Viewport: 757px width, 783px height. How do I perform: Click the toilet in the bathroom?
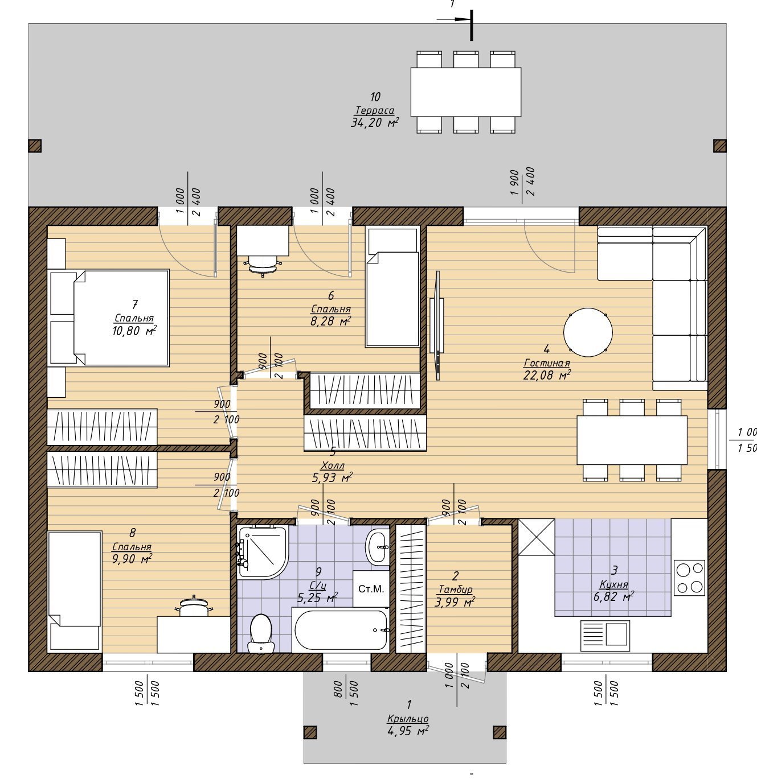pos(260,634)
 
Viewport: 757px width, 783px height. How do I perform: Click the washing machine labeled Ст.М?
pos(371,589)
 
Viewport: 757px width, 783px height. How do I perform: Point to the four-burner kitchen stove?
pos(690,578)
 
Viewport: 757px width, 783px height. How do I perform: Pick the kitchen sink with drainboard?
pos(605,636)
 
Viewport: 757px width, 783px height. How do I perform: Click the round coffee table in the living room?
pos(588,332)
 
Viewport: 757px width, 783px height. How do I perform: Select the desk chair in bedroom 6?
pos(263,266)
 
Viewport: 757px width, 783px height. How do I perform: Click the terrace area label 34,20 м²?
pos(374,122)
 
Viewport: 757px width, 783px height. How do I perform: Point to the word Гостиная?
pos(547,363)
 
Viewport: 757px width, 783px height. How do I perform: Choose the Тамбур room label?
pos(456,590)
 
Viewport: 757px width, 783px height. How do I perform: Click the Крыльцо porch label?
pos(408,719)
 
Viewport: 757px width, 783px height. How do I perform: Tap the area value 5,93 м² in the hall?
pos(333,477)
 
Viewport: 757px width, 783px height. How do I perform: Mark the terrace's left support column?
pos(35,146)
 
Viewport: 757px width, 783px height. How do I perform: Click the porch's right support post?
pos(500,732)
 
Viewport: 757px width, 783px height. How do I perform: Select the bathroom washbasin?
pos(377,547)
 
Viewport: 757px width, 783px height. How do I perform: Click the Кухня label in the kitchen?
pos(614,584)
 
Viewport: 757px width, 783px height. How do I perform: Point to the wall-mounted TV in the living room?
pos(437,325)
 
